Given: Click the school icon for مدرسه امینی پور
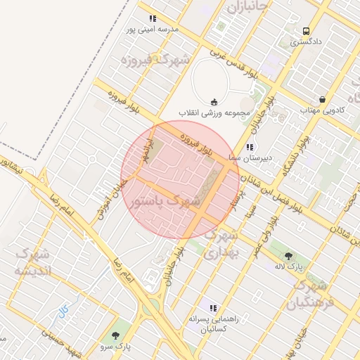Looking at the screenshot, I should click(x=153, y=18).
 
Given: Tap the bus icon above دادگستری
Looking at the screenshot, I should click(x=306, y=31).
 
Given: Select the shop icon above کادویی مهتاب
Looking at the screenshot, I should click(x=322, y=99).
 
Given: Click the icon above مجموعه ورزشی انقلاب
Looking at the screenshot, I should click(x=214, y=101).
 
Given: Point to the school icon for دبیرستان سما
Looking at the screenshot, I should click(x=249, y=148).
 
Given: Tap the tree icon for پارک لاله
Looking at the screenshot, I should click(x=288, y=256).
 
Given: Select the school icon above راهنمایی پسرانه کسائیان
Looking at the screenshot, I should click(x=213, y=308).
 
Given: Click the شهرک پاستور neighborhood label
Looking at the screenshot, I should click(x=165, y=202).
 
